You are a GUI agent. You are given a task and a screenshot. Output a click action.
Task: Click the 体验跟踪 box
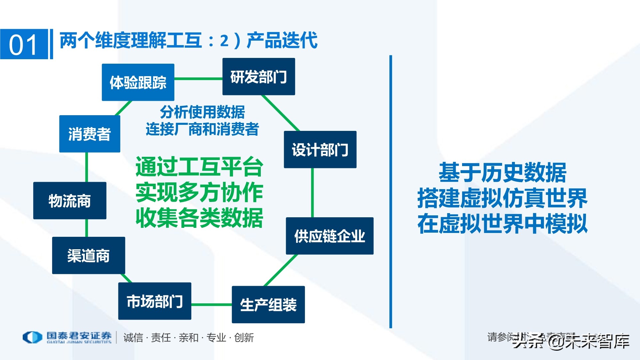(138, 82)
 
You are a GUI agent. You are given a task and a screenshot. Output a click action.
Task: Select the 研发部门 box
(259, 76)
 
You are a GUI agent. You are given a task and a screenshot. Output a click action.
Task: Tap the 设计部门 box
(320, 149)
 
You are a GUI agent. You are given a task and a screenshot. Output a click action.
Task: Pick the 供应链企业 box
(330, 236)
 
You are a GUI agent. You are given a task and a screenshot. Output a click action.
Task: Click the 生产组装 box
(268, 304)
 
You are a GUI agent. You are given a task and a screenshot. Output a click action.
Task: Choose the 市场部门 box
(155, 301)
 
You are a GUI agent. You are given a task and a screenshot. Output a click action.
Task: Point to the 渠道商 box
(88, 255)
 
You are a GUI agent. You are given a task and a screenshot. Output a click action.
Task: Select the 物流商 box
(69, 201)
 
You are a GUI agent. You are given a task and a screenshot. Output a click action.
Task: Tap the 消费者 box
(90, 134)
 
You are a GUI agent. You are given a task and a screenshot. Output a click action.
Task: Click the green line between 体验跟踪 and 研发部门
(198, 78)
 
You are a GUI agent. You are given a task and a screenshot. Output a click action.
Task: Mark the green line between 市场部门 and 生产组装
(212, 304)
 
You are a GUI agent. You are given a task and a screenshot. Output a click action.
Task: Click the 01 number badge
(24, 44)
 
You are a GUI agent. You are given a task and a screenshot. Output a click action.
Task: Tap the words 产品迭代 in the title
(282, 40)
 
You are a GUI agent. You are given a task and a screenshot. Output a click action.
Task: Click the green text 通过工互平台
(199, 167)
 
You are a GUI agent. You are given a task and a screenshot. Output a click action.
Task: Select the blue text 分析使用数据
(202, 112)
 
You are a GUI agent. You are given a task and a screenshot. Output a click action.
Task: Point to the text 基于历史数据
(502, 172)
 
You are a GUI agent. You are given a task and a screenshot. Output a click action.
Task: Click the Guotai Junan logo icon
(32, 337)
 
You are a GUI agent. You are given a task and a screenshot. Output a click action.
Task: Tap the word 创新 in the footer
(244, 338)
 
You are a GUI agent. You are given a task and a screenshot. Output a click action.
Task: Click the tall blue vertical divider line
(391, 192)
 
